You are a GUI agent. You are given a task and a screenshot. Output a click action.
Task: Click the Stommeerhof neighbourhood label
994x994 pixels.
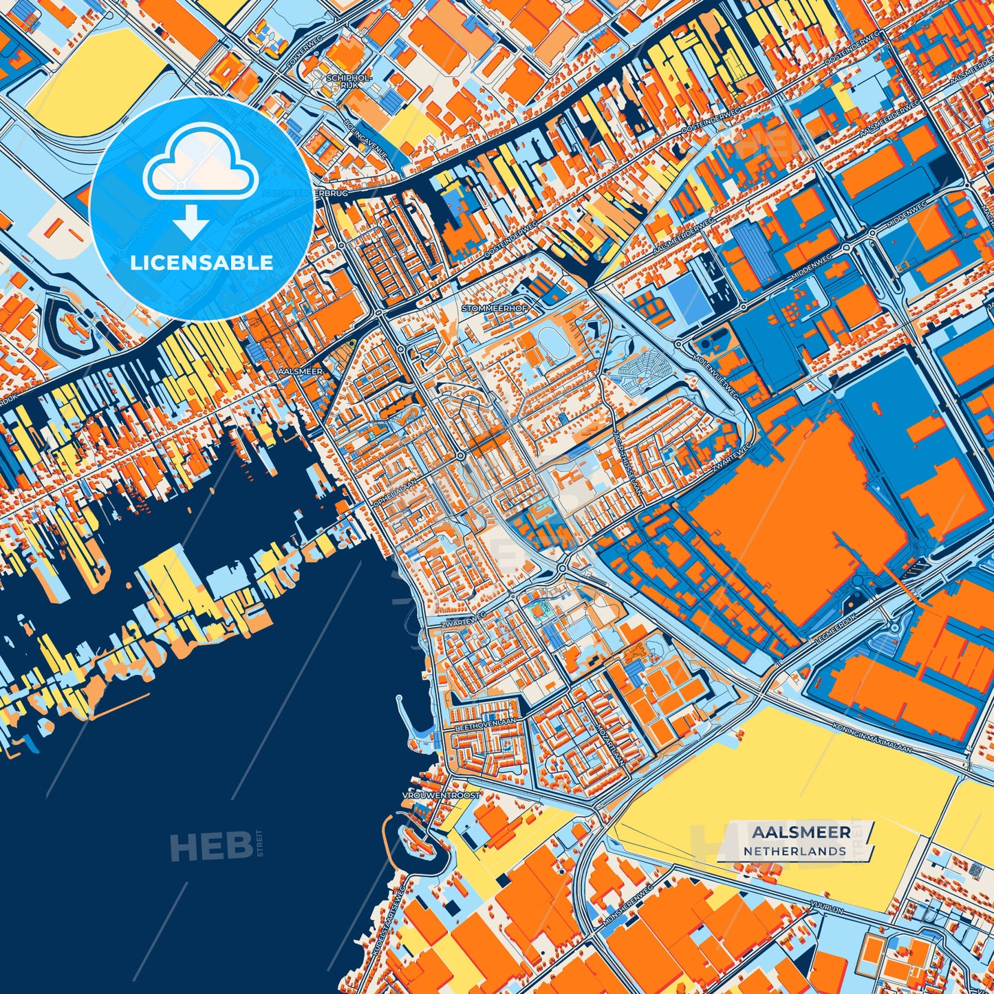click(x=495, y=309)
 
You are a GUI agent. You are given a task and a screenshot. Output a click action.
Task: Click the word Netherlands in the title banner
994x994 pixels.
click(x=795, y=851)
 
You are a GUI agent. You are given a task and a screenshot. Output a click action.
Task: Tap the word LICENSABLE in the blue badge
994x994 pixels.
click(x=202, y=263)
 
